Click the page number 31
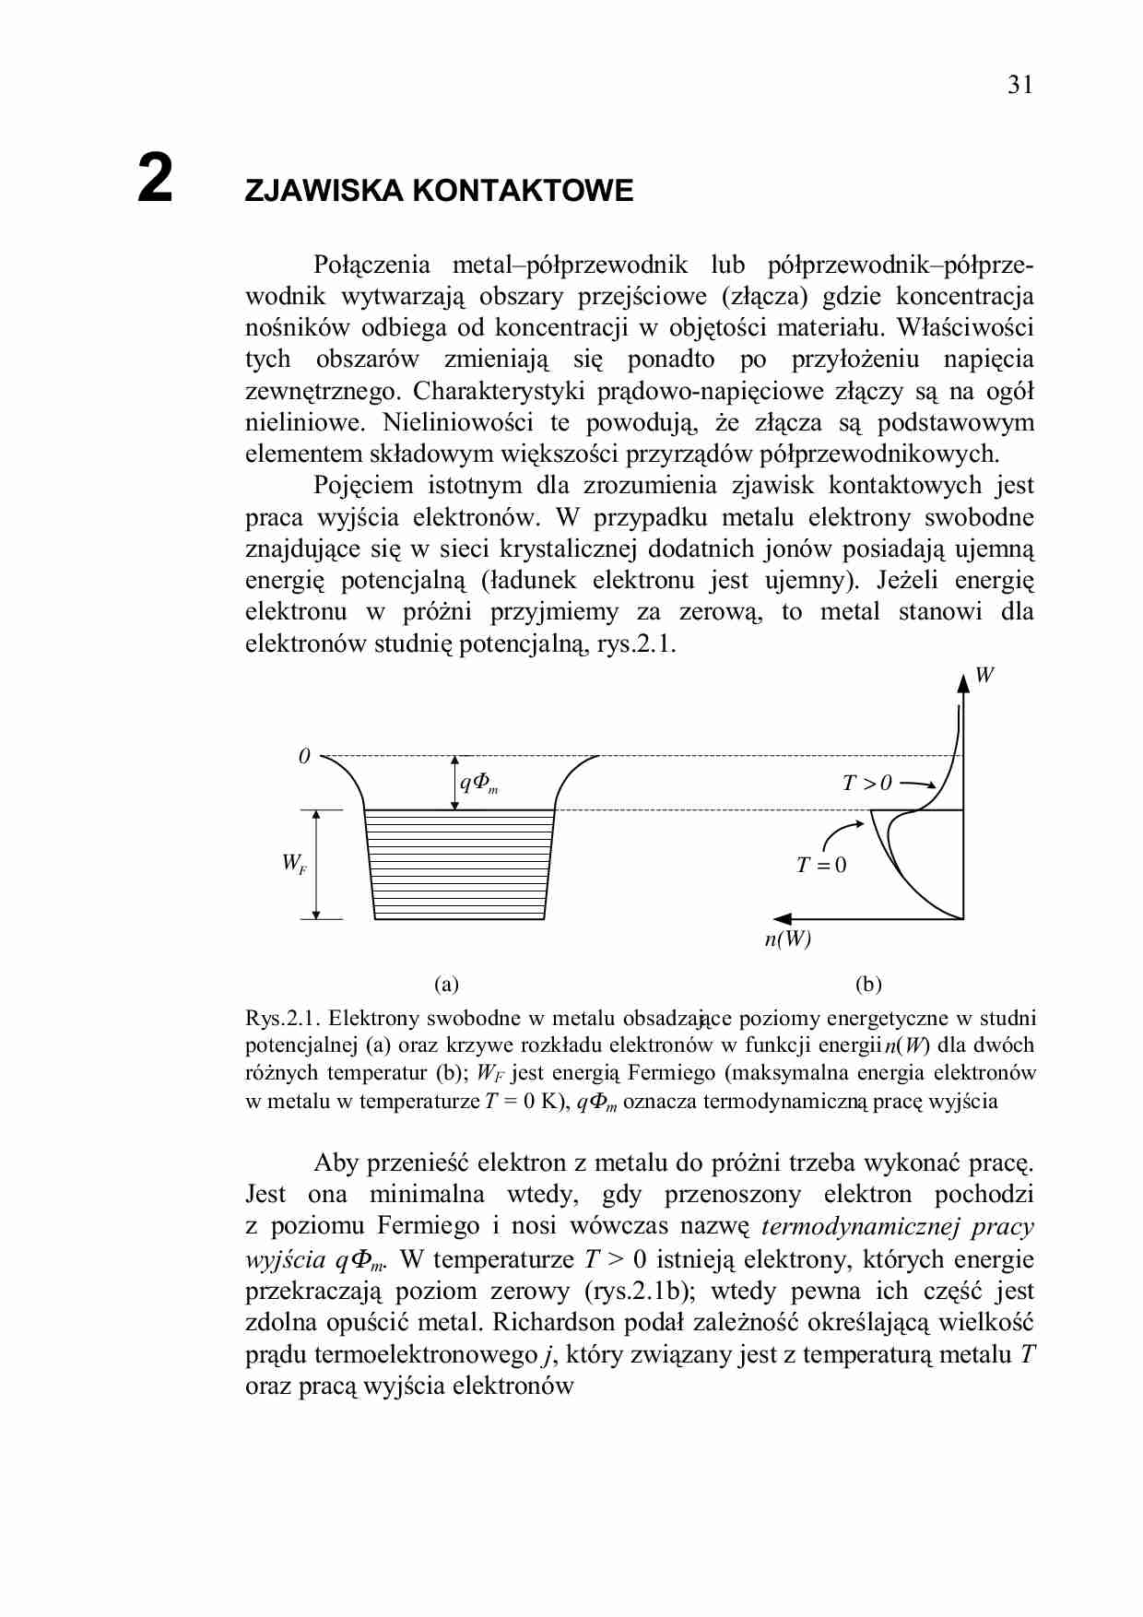[x=1020, y=85]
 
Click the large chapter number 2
[x=155, y=178]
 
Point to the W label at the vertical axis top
[x=984, y=675]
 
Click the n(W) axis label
[x=787, y=939]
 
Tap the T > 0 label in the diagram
[x=866, y=784]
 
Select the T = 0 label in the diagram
[x=820, y=865]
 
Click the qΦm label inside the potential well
[x=478, y=784]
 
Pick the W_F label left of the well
[x=294, y=864]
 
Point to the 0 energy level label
[x=304, y=757]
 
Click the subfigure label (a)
[x=446, y=984]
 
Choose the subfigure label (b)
[x=868, y=984]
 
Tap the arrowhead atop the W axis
[x=963, y=682]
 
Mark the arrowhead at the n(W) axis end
[x=783, y=918]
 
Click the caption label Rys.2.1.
[x=282, y=1019]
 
